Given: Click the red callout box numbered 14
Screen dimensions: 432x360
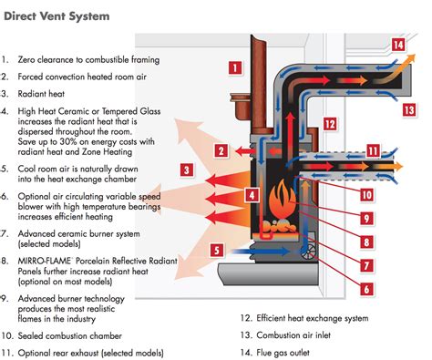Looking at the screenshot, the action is click(397, 45).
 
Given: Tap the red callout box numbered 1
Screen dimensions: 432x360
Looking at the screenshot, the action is click(235, 67).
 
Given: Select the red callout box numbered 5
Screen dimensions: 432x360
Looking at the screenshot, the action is click(217, 251).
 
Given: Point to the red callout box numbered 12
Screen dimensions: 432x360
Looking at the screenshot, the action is click(330, 124).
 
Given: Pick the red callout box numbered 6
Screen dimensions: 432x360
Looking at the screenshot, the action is click(366, 289).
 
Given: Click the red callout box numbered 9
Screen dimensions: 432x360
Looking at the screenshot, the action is click(366, 218).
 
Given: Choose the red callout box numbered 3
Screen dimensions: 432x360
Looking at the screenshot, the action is click(187, 170).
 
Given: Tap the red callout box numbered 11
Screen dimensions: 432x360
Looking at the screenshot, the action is click(373, 151).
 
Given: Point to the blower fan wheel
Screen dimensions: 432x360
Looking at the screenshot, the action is click(309, 252).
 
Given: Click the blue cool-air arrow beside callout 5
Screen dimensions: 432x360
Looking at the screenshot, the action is click(260, 252).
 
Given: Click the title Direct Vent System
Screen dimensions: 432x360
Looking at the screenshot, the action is click(57, 16).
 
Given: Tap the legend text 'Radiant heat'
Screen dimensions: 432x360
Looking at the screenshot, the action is click(41, 94).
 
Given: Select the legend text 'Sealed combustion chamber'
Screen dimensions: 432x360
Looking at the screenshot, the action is click(70, 336).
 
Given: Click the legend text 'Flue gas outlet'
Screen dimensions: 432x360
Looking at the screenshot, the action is click(283, 353).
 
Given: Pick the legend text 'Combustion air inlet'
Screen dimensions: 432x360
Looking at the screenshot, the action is click(293, 335).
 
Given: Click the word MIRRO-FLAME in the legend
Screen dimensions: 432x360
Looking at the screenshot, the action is click(45, 261).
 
